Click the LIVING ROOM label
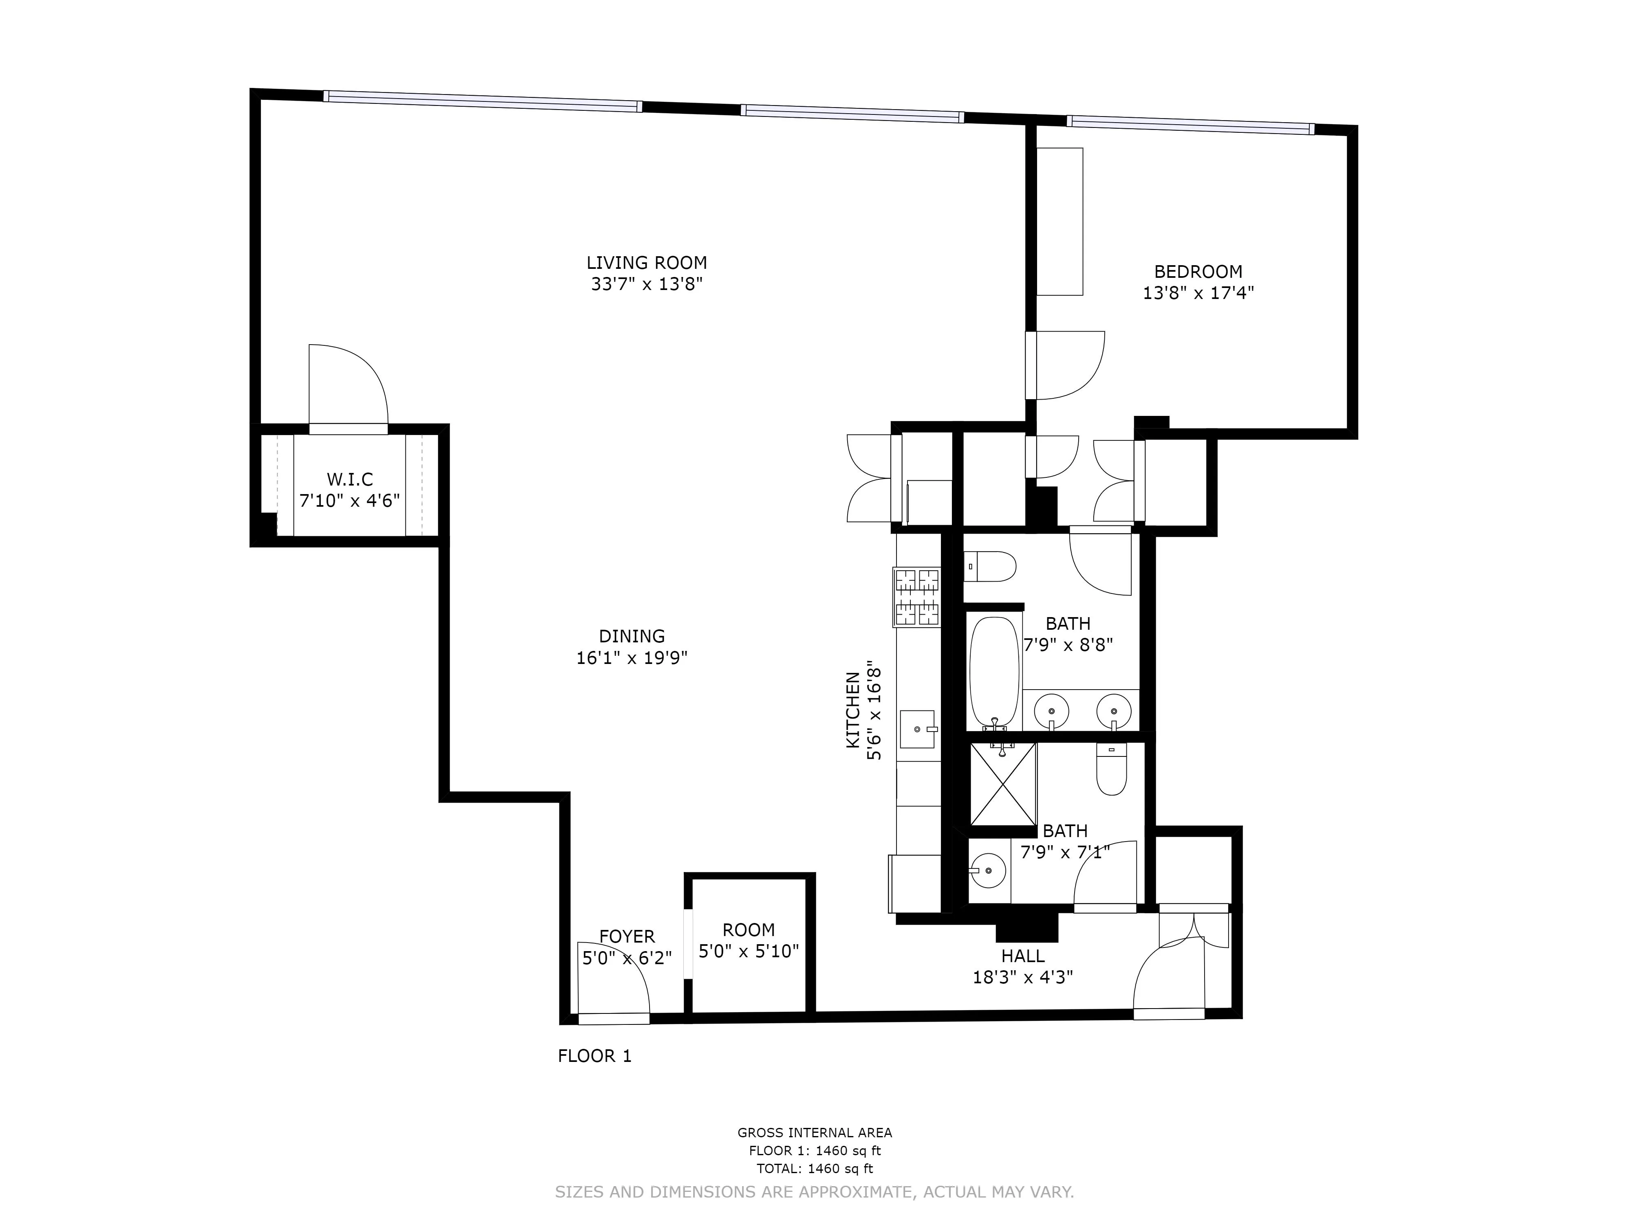646,262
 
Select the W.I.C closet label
350,479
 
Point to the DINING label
632,636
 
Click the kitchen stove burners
917,597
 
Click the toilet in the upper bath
990,567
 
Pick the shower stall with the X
1003,784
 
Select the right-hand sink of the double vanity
1113,711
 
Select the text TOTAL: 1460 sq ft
814,1168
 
